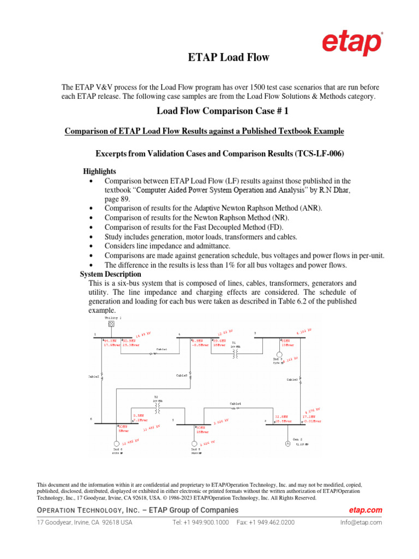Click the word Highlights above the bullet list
point(99,171)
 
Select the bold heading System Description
point(111,274)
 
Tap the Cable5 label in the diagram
point(181,376)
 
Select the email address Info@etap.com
point(361,522)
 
